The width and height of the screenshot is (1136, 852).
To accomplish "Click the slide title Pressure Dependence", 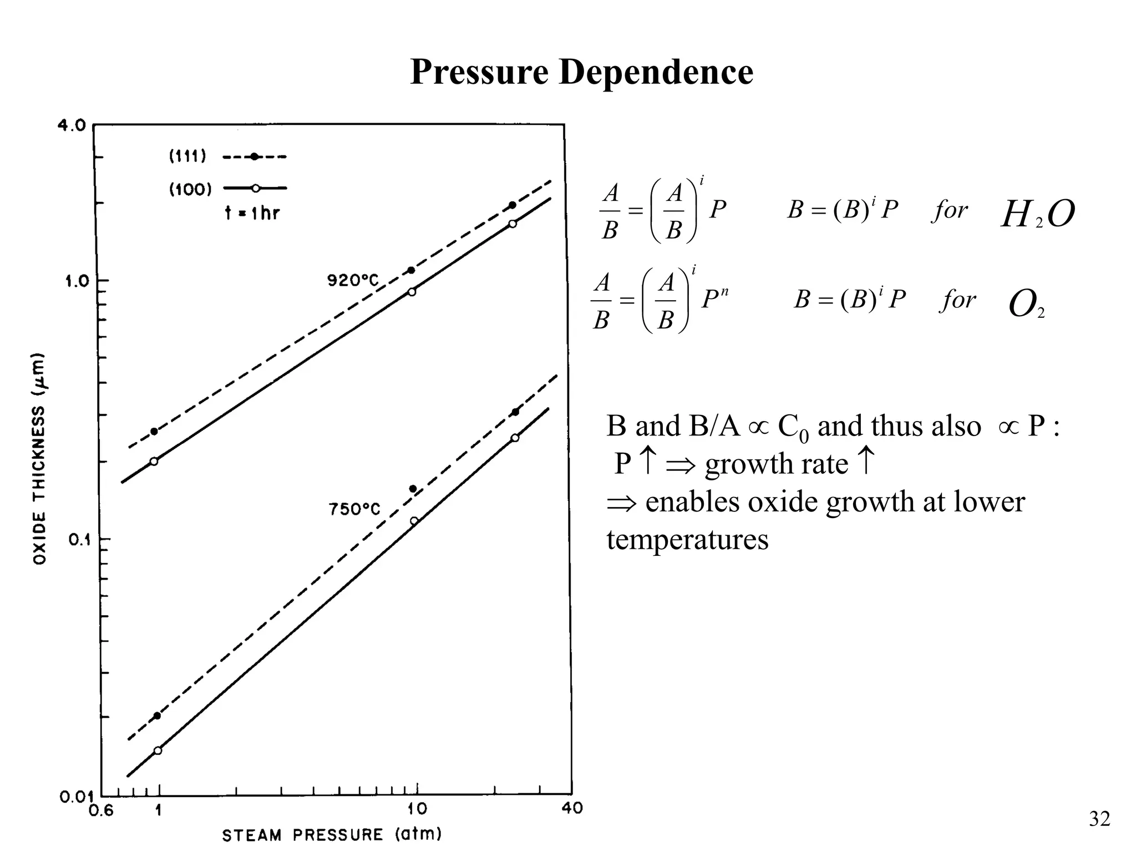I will (581, 72).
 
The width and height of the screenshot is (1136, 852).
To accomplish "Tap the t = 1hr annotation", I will (252, 212).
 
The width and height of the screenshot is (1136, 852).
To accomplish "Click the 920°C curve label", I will (353, 281).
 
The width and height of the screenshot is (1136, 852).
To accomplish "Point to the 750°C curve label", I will (354, 509).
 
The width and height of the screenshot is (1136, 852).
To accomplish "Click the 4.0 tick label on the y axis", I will (72, 125).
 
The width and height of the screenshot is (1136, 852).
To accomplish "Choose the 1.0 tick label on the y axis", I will (77, 281).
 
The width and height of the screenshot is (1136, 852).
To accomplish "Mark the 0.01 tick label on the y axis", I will (75, 798).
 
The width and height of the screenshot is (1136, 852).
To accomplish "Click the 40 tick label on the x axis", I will (572, 809).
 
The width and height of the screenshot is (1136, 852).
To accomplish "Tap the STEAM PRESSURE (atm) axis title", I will (332, 835).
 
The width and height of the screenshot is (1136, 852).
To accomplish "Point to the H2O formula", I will (1037, 214).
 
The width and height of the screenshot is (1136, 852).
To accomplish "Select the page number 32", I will (1099, 819).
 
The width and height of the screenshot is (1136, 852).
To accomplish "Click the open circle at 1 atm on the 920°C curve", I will (154, 461).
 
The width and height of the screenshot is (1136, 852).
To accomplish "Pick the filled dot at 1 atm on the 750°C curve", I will (157, 716).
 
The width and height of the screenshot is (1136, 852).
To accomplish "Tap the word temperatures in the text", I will (687, 539).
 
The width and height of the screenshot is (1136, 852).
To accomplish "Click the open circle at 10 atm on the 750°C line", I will (414, 521).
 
